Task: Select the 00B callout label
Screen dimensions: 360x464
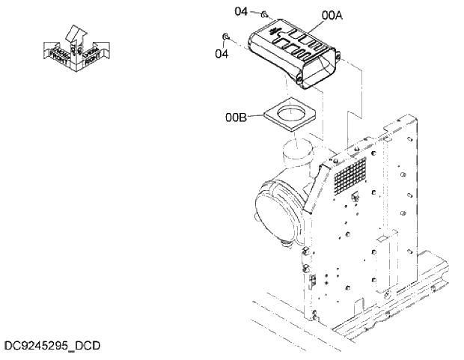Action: (x=235, y=117)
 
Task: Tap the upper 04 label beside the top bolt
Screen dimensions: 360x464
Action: (x=241, y=11)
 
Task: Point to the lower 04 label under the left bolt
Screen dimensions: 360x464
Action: (x=222, y=53)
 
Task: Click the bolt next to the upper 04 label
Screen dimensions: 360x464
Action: (x=264, y=13)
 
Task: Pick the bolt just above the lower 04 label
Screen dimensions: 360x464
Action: (x=225, y=37)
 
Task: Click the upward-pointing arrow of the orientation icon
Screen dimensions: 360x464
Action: (x=75, y=34)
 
